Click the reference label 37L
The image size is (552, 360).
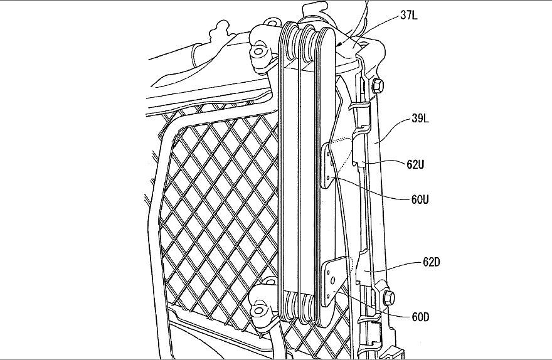point(409,16)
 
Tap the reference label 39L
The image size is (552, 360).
point(420,119)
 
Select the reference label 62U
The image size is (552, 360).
point(415,164)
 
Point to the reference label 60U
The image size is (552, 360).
point(420,199)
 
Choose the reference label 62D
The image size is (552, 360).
point(432,262)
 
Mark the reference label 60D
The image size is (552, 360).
point(420,317)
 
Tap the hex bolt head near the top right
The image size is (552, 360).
point(377,85)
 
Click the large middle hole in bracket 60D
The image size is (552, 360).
point(332,280)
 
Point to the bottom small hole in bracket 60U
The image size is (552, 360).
point(330,178)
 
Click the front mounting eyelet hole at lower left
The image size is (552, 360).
point(260,310)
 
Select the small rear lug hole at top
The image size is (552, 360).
point(272,23)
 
